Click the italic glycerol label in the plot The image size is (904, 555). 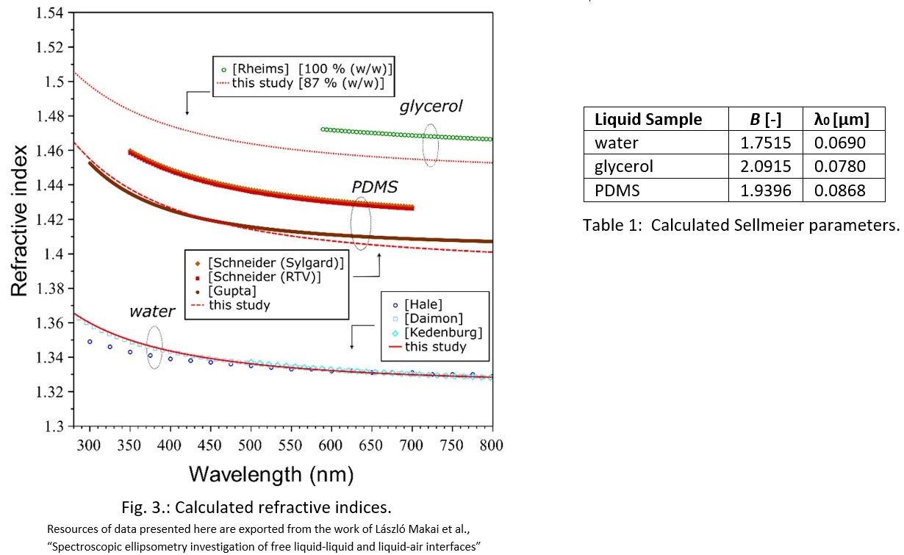coord(431,107)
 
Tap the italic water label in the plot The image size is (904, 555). coord(152,311)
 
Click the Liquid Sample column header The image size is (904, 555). coord(647,120)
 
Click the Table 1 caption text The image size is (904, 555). coord(741,226)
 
